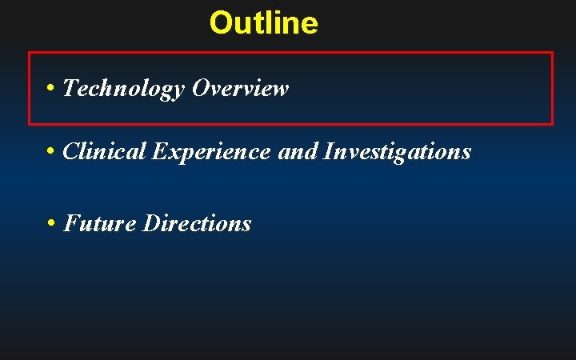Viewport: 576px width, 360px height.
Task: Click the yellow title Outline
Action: (x=263, y=22)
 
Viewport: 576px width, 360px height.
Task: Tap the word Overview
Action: (x=239, y=88)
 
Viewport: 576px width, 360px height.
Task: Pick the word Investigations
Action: (x=397, y=150)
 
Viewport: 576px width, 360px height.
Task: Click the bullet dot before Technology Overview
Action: (x=50, y=87)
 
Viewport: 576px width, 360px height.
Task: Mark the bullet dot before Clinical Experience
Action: (x=50, y=150)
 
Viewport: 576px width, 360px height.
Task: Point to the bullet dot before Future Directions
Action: (x=50, y=222)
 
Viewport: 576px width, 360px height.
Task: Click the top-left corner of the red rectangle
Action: (x=30, y=53)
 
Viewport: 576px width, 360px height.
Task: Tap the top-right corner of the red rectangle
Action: (x=552, y=53)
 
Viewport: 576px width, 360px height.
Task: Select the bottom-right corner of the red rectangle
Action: (x=552, y=124)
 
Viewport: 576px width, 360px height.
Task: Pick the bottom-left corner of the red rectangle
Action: (x=30, y=124)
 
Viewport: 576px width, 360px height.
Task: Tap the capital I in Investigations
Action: (x=328, y=150)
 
